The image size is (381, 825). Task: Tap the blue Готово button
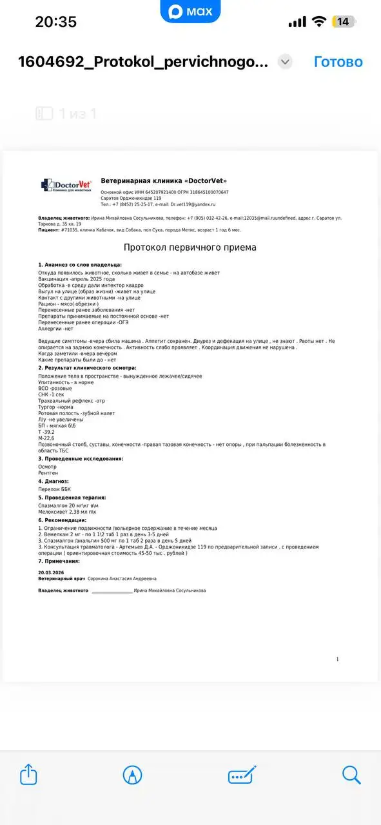338,62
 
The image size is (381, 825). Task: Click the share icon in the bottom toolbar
28,774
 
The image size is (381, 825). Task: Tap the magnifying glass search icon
351,774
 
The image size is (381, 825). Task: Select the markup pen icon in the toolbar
133,774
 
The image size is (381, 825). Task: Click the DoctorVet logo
66,185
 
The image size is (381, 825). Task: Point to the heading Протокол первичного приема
190,247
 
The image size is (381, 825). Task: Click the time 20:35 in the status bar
55,21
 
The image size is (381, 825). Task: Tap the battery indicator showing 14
343,21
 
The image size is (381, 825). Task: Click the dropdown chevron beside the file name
285,62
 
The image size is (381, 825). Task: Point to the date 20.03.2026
52,572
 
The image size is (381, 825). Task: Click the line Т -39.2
46,432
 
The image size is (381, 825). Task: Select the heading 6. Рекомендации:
62,519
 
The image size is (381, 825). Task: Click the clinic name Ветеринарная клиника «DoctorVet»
164,181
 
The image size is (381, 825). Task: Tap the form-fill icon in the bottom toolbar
242,774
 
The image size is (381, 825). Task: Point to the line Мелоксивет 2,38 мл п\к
68,512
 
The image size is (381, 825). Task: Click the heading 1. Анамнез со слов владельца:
80,264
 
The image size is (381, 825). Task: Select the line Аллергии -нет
56,329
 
